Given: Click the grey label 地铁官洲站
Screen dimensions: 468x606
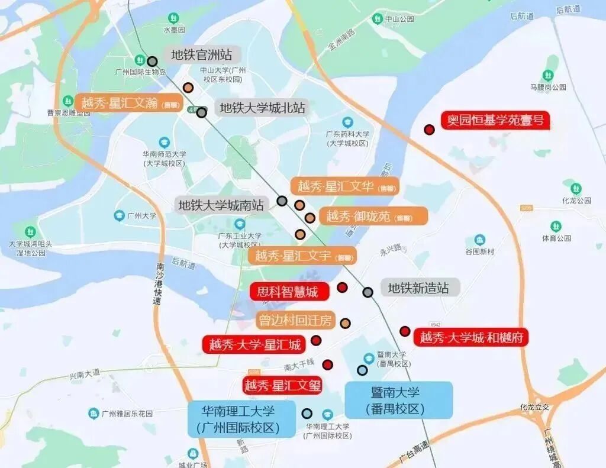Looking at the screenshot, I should click(202, 55).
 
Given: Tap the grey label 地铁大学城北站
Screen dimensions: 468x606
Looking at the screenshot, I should click(263, 108).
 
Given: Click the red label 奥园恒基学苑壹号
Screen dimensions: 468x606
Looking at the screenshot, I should click(495, 121).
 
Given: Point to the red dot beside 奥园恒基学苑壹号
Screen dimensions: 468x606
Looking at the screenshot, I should click(430, 130).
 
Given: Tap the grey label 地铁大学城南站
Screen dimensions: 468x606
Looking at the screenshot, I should click(221, 205).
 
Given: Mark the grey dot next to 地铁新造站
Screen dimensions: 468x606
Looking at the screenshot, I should click(368, 292).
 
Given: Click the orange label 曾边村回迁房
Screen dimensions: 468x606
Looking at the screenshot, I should click(295, 321).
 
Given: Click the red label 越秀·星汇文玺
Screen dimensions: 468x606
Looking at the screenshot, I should click(283, 386).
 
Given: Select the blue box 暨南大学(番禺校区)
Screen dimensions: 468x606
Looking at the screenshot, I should click(399, 400).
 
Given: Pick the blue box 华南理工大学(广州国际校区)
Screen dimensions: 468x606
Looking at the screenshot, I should click(241, 419).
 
